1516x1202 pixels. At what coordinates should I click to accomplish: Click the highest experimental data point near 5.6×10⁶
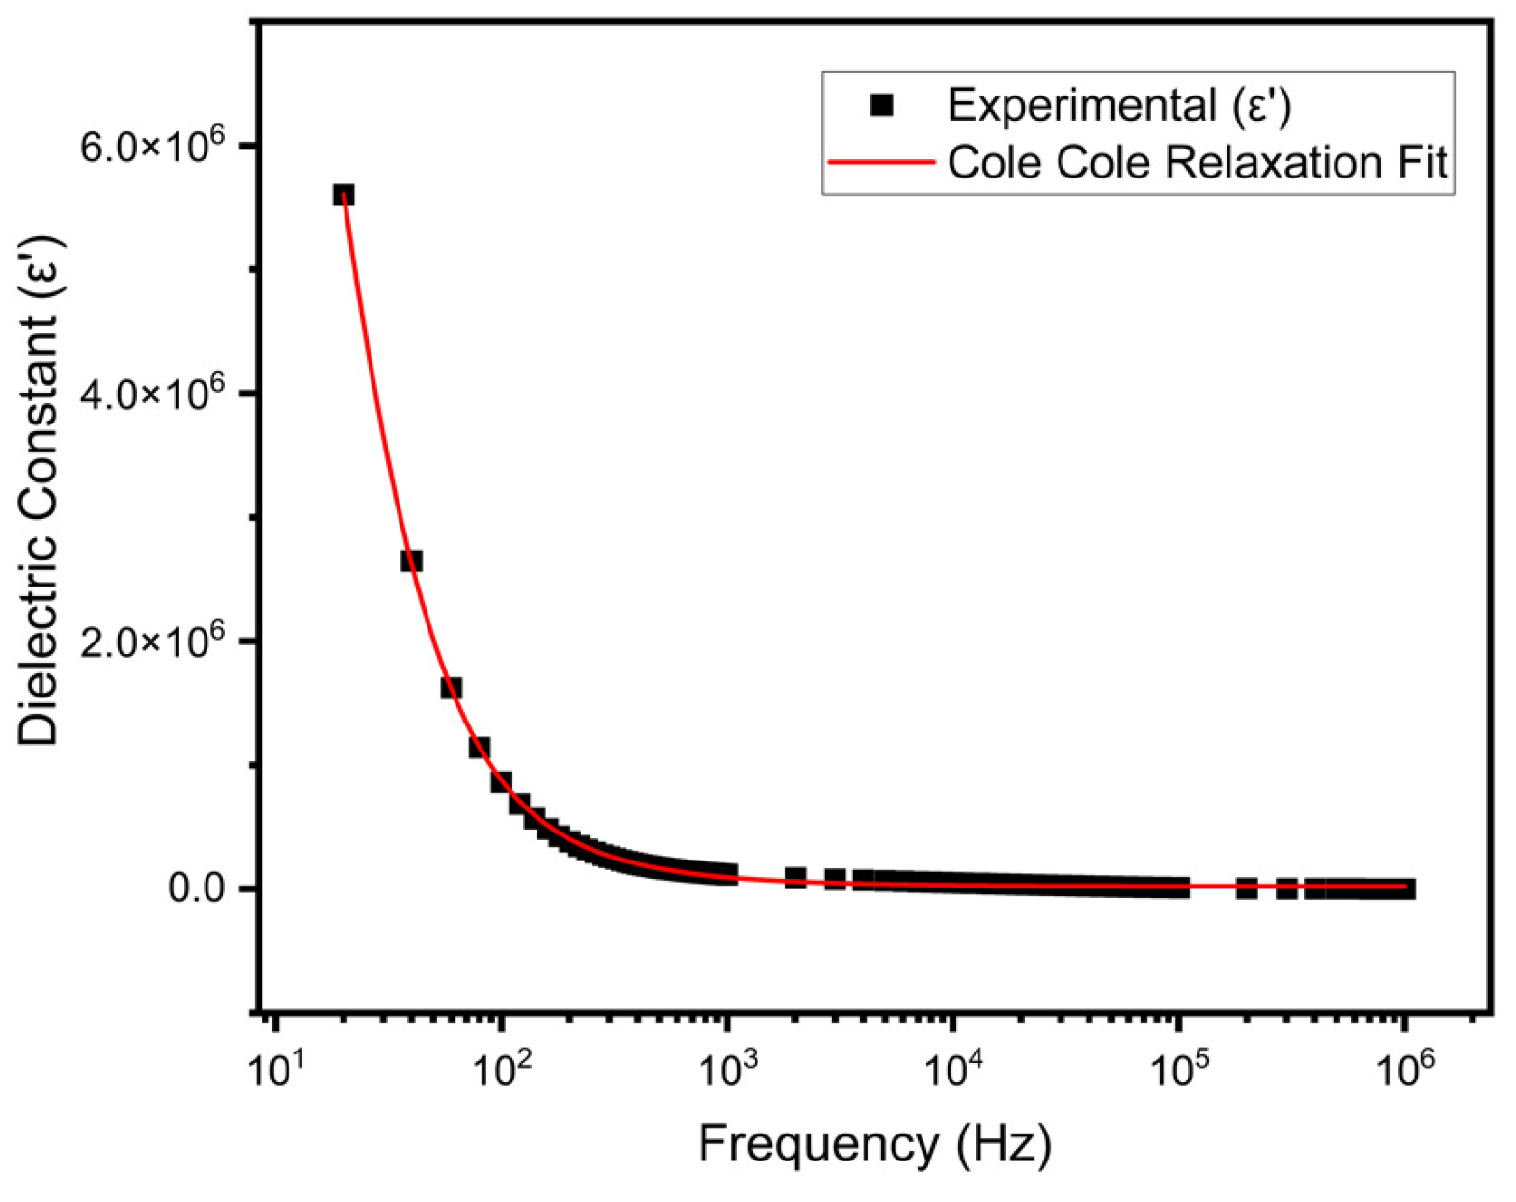(344, 195)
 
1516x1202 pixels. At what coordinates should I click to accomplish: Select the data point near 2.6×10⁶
(411, 560)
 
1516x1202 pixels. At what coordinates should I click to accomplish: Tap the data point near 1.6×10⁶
(451, 688)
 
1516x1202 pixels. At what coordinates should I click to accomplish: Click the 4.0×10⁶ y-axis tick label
(152, 394)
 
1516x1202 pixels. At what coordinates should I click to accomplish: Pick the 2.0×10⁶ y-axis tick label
(152, 641)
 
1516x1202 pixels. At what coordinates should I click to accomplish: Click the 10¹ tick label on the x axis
(275, 1068)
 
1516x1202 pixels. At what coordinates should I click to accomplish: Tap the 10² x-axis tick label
(501, 1068)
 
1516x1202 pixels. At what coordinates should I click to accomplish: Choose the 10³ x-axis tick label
(727, 1068)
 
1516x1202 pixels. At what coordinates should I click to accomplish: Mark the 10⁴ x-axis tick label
(952, 1068)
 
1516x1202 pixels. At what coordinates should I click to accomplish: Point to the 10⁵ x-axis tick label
(1178, 1068)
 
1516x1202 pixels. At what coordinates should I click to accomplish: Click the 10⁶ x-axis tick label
(1404, 1068)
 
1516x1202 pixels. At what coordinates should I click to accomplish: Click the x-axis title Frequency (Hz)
(874, 1145)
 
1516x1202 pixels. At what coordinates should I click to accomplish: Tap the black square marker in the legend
(881, 104)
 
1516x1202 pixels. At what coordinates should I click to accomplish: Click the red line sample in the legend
(881, 162)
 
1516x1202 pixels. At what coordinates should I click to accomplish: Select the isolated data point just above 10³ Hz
(794, 878)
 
